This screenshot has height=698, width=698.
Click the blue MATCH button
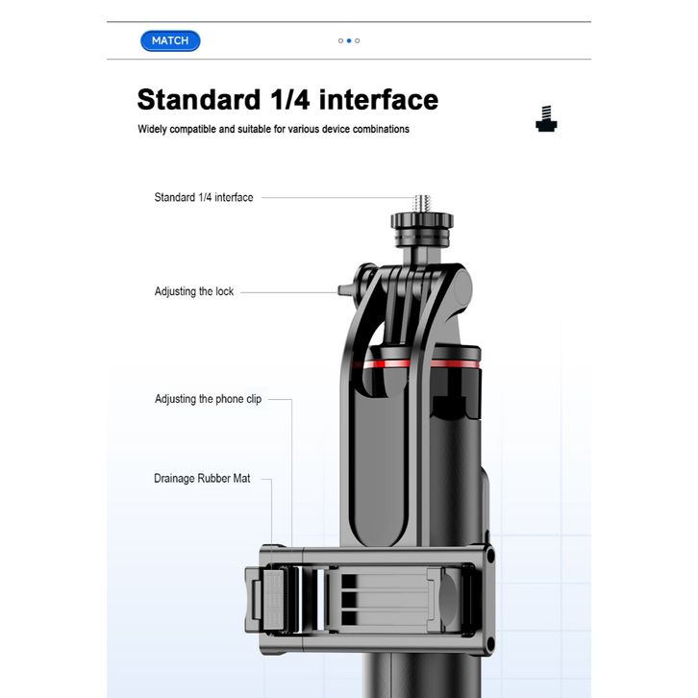coord(170,41)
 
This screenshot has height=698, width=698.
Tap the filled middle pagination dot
coord(349,41)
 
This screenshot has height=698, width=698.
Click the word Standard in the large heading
coord(199,99)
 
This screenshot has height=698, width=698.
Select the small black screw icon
coord(546,119)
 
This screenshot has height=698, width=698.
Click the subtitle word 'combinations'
coord(381,129)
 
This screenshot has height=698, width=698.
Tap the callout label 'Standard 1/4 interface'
coord(204,197)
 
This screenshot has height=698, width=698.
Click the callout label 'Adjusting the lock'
coord(193,291)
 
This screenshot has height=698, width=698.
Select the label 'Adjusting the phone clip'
coord(208,399)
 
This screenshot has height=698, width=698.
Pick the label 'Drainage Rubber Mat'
coord(202,479)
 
